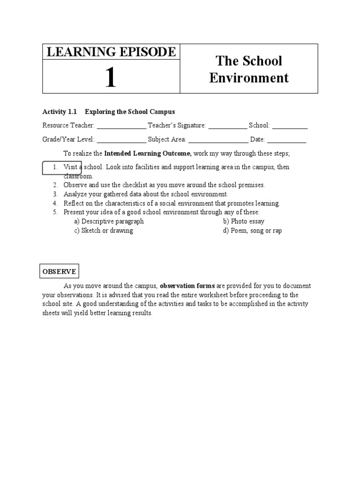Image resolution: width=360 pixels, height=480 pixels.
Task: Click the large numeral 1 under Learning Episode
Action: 110,77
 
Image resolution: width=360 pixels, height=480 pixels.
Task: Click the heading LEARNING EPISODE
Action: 111,52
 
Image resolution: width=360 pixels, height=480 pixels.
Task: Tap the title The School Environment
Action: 249,69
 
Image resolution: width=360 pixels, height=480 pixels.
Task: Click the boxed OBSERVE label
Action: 59,271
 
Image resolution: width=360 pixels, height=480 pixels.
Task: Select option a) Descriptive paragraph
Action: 109,221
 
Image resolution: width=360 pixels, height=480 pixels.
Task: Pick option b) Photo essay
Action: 244,221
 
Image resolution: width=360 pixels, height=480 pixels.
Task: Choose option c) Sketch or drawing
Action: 104,231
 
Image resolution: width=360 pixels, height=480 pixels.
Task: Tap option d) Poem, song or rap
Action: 253,231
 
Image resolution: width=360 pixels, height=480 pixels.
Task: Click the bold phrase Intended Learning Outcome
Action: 147,153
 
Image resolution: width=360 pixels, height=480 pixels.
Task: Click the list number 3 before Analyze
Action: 55,194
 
